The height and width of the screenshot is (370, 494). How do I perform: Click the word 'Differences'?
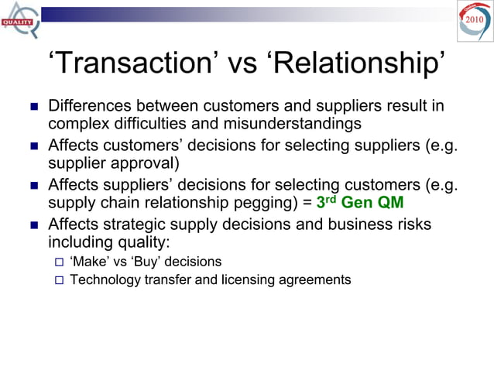(90, 105)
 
